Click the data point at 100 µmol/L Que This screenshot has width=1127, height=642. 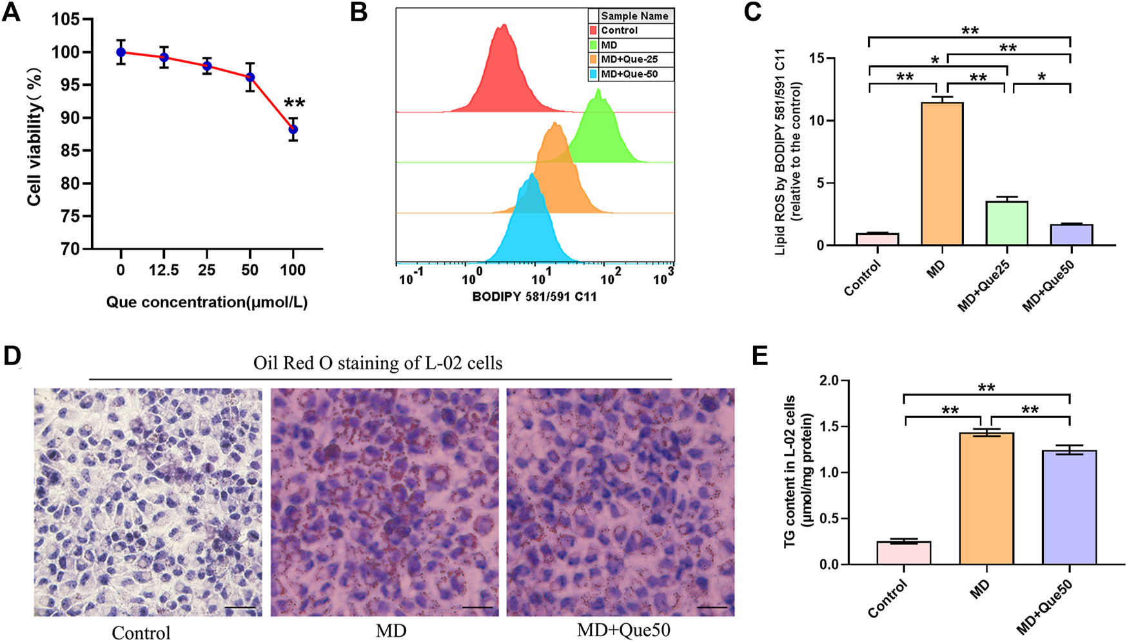293,129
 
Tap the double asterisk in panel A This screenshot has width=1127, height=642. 295,103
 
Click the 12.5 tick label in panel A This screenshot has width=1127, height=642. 164,270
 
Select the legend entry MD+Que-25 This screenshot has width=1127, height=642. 629,59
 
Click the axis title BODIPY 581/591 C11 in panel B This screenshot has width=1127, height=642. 534,297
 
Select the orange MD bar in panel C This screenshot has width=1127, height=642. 942,174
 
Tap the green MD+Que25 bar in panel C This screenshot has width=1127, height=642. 1006,223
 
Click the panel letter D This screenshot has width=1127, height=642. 12,357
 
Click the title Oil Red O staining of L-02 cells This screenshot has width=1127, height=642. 378,363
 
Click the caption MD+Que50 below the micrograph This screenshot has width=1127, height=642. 623,630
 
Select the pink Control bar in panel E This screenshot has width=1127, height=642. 903,553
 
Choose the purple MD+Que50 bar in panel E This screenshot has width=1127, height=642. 1069,507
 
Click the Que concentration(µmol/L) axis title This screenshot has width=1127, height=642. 206,302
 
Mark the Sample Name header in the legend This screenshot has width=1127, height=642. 634,16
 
